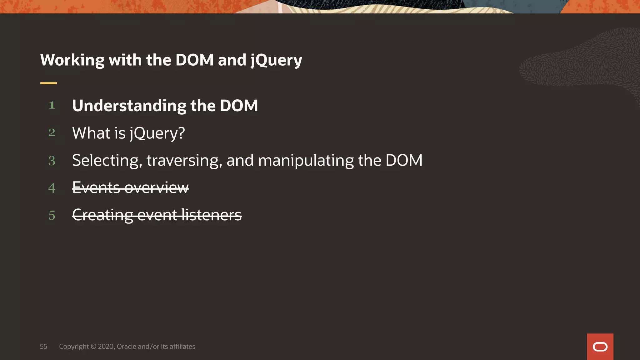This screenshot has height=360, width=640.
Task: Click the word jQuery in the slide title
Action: pyautogui.click(x=276, y=60)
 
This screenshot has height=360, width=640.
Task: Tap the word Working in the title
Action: pyautogui.click(x=72, y=60)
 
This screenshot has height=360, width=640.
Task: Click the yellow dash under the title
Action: pyautogui.click(x=49, y=83)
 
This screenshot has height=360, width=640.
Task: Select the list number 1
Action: pyautogui.click(x=52, y=105)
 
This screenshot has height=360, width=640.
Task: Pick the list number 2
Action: pyautogui.click(x=52, y=132)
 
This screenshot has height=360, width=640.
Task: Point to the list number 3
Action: pyautogui.click(x=52, y=161)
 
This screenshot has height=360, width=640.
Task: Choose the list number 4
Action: pyautogui.click(x=52, y=188)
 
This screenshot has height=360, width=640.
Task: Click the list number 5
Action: pyautogui.click(x=52, y=215)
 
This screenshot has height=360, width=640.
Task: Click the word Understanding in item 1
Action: pyautogui.click(x=129, y=106)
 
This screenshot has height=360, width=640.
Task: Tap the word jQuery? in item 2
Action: pyautogui.click(x=157, y=133)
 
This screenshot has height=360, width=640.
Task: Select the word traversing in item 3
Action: pyautogui.click(x=184, y=161)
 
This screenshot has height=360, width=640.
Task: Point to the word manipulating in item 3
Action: pyautogui.click(x=306, y=161)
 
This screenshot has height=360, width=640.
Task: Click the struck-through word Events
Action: pyautogui.click(x=96, y=188)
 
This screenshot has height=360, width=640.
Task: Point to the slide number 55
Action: pyautogui.click(x=43, y=347)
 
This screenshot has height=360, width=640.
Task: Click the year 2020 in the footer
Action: pyautogui.click(x=106, y=347)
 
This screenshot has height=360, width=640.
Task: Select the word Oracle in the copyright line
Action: pyautogui.click(x=126, y=347)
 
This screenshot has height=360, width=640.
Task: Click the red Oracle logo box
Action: pyautogui.click(x=600, y=347)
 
